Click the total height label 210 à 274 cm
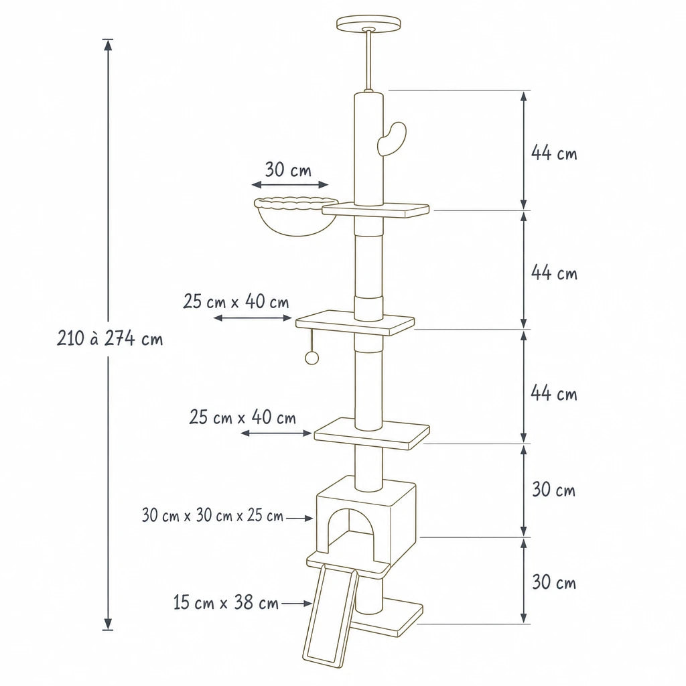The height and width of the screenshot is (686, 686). coord(110,338)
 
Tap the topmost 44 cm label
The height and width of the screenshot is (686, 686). coord(554,153)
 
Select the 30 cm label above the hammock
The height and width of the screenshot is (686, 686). coord(288,169)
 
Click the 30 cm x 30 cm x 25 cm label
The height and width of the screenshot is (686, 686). coord(212,515)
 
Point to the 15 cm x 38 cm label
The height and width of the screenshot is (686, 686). coord(226,602)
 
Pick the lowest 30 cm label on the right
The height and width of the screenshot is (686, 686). coord(554,582)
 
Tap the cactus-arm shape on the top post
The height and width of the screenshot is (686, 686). coord(391,138)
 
